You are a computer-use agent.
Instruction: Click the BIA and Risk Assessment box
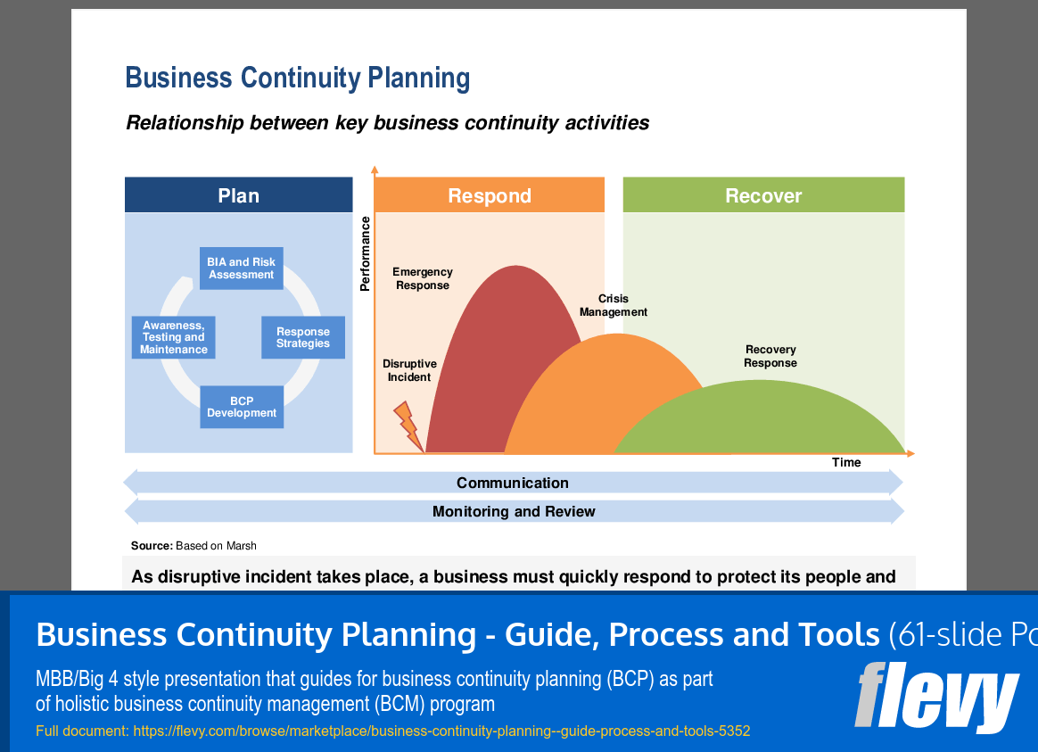click(241, 269)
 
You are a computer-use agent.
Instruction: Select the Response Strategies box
click(303, 337)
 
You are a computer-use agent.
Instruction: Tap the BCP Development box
click(242, 407)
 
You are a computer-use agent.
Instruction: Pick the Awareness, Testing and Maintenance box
click(173, 337)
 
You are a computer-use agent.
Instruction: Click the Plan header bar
click(238, 195)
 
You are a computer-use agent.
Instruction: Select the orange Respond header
click(490, 195)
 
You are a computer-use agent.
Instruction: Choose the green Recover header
click(763, 195)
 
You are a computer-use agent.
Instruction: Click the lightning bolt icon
click(408, 426)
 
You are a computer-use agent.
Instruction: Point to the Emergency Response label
click(423, 278)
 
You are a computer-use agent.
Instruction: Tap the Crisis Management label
click(613, 305)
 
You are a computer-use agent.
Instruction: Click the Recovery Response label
click(770, 356)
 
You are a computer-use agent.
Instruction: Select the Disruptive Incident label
click(409, 371)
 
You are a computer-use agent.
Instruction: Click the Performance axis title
click(365, 254)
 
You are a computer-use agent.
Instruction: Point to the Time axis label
click(846, 462)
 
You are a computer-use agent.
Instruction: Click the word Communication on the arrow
click(513, 483)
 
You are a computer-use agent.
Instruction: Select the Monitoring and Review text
click(514, 512)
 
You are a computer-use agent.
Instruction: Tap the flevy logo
click(936, 697)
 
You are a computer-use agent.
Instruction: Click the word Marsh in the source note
click(241, 545)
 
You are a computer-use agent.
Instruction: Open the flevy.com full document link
click(441, 731)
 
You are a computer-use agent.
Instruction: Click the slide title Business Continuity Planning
click(298, 79)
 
